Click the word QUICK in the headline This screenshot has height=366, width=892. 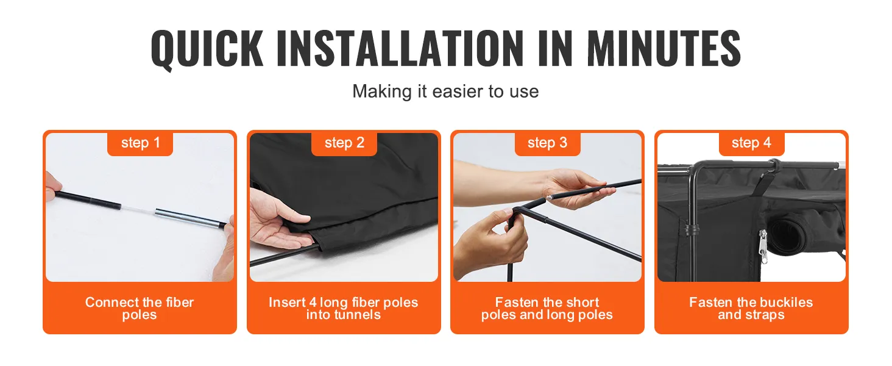(207, 49)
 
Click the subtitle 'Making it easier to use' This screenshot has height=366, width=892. (445, 91)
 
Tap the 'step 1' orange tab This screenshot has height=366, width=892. (140, 143)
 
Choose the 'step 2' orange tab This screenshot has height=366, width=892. (344, 143)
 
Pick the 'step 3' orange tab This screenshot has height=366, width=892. (548, 143)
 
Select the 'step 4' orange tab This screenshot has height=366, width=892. (751, 143)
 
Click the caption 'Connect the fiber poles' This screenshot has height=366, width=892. (140, 308)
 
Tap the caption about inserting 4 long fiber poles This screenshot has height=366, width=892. (343, 308)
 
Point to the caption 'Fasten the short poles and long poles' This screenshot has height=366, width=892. (547, 308)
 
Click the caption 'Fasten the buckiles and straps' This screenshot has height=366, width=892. (751, 308)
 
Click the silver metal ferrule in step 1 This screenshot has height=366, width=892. (189, 218)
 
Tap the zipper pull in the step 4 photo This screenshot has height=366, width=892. (763, 246)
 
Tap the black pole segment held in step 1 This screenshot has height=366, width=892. (88, 199)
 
